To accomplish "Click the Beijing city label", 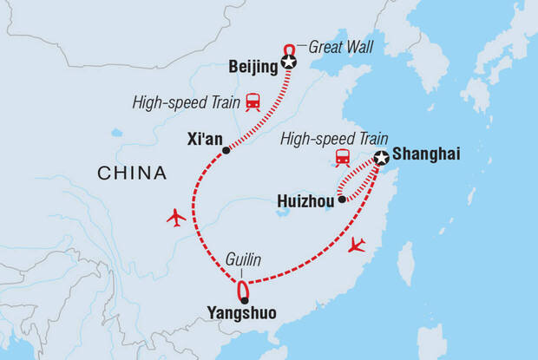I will point(251,65).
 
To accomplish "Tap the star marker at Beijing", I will point(289,63).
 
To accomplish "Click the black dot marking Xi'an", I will point(226,150).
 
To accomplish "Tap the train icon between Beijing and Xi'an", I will point(253,101).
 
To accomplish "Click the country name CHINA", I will point(132,173).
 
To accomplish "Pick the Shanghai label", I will point(426,155).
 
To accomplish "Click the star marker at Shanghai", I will point(381,158).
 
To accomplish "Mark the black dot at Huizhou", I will point(342,200).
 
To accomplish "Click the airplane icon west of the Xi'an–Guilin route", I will point(176,217).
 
